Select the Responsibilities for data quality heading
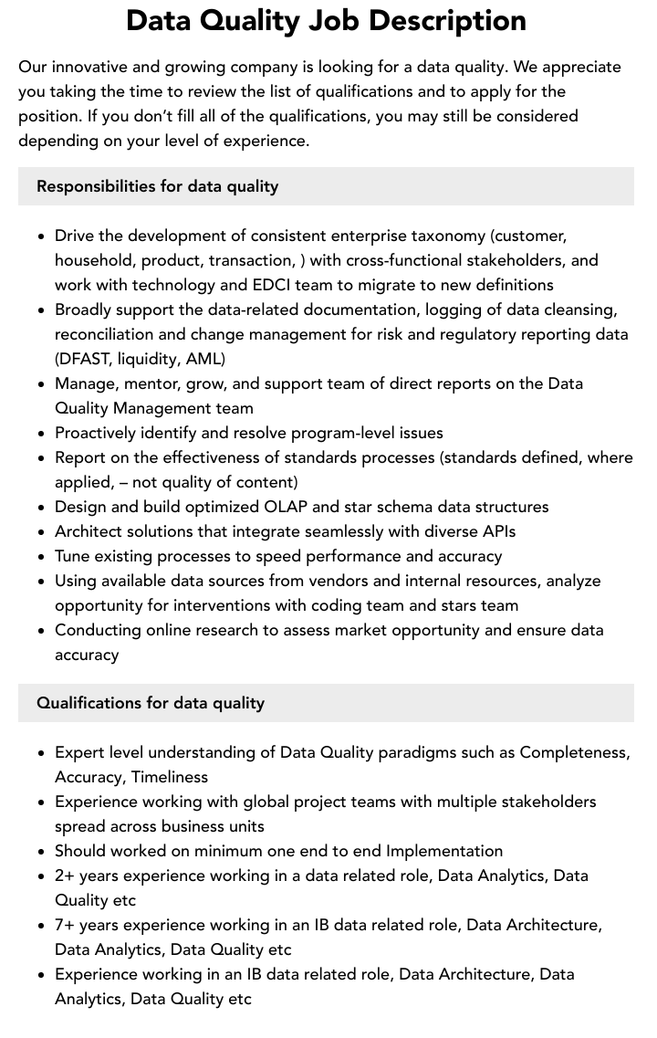click(x=157, y=186)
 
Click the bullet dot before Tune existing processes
click(x=41, y=557)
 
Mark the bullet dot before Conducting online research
click(x=41, y=631)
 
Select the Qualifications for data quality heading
click(x=151, y=703)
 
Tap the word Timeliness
click(x=170, y=777)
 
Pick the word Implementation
click(x=444, y=851)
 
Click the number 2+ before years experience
click(x=66, y=875)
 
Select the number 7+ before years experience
click(x=66, y=925)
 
